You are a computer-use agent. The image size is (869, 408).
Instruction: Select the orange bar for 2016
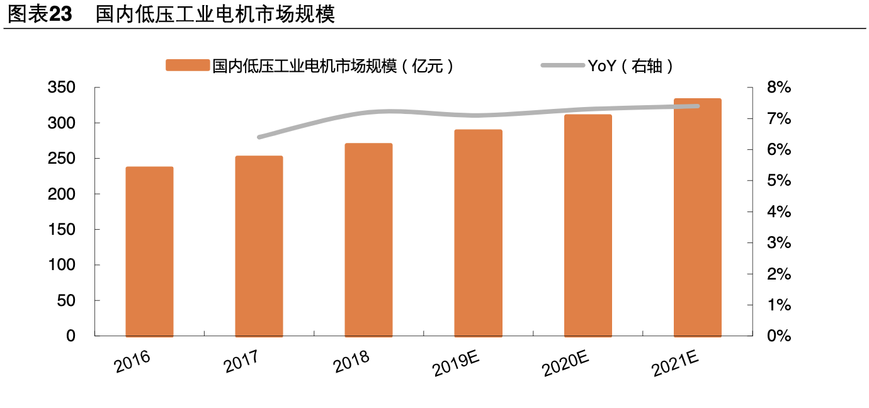point(149,252)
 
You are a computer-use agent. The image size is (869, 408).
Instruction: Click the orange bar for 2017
point(259,246)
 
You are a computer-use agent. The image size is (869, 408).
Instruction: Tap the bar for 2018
point(368,240)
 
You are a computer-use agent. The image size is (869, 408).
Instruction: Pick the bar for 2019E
point(478,233)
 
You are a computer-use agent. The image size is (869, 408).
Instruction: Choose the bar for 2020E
point(588,225)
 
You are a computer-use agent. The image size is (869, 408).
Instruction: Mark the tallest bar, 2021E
point(697,217)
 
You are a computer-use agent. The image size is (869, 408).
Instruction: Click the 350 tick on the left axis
point(61,88)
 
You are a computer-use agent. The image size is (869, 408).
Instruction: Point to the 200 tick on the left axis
point(61,194)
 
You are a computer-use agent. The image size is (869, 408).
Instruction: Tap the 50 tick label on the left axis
point(66,300)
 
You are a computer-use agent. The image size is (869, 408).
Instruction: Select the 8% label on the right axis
point(779,88)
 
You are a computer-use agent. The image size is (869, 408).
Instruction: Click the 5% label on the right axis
point(779,181)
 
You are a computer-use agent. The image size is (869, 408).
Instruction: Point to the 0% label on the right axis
point(779,336)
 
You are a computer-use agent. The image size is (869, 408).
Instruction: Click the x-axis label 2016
point(132,363)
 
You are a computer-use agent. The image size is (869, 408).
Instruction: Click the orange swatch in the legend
point(187,65)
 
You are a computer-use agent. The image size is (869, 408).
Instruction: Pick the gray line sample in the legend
point(562,65)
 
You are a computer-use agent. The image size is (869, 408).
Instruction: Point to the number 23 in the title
point(61,14)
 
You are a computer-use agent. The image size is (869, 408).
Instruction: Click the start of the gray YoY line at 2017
point(259,137)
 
